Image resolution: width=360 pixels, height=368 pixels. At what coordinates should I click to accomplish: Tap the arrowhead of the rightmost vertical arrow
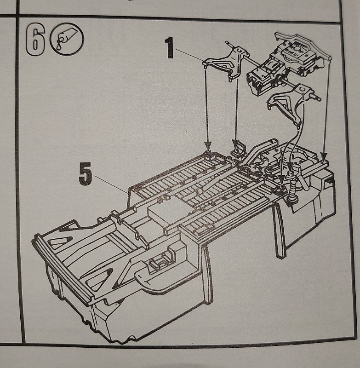324,156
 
